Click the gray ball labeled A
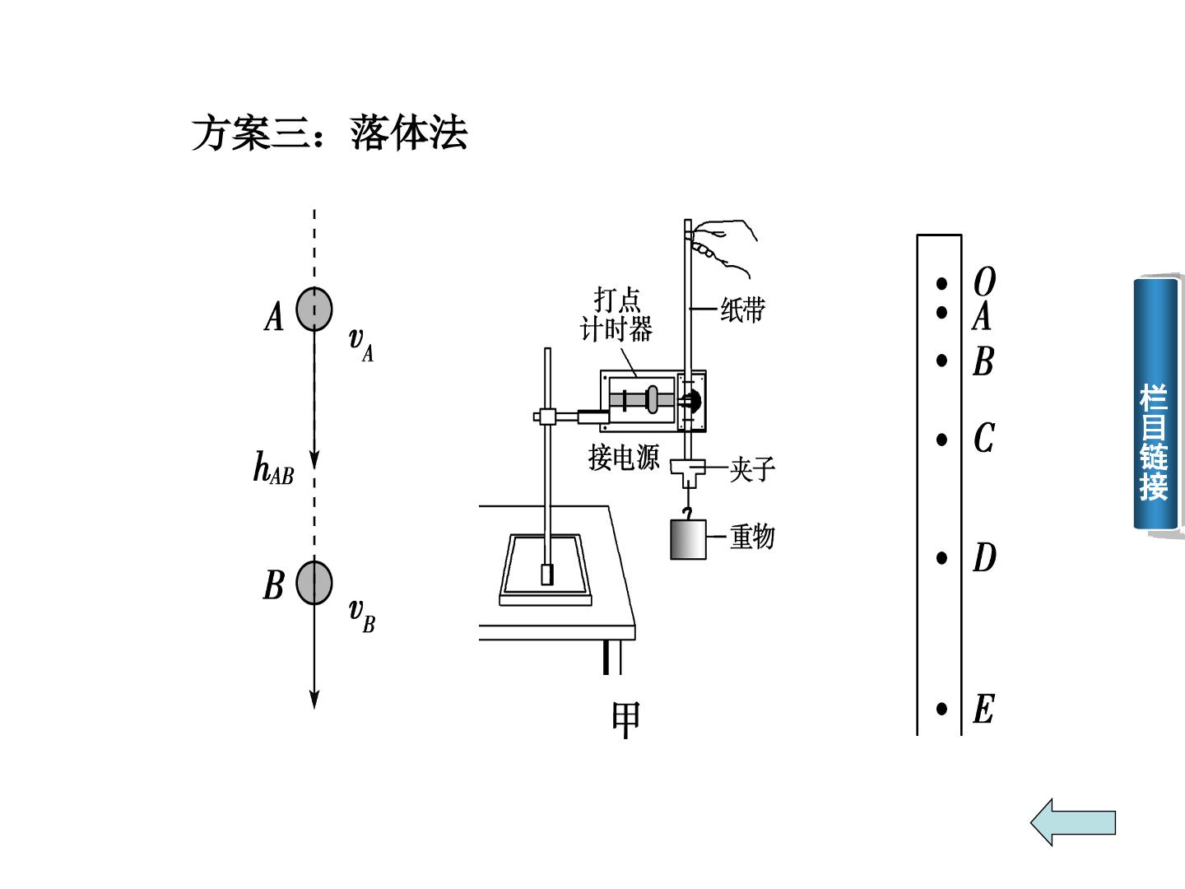pos(314,309)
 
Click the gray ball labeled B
pos(314,583)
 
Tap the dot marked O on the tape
pos(941,283)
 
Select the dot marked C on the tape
pos(941,440)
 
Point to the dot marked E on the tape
pos(941,709)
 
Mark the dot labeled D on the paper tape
pos(941,557)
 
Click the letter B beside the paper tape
pos(983,361)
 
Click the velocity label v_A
pos(361,344)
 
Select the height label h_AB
pos(274,468)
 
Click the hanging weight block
pos(688,539)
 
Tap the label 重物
pos(752,537)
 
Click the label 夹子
pos(752,468)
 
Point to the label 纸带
pos(743,310)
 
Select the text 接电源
pos(624,458)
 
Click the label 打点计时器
pos(616,314)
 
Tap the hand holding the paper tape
pos(723,247)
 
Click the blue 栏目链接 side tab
pos(1155,403)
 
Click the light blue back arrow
pos(1073,822)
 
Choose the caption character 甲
pos(625,719)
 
